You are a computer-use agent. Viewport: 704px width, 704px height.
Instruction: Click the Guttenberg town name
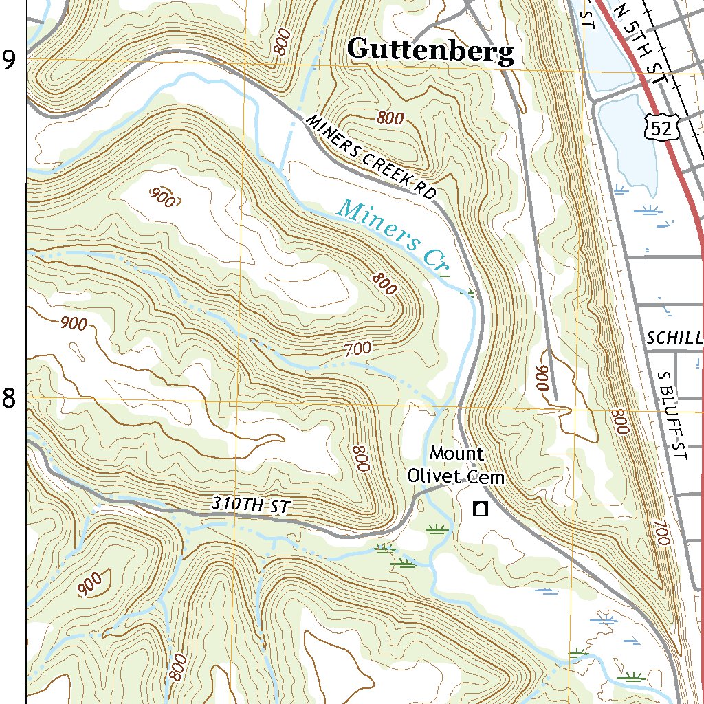tap(430, 51)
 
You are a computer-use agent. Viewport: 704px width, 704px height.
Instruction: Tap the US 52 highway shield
tap(663, 126)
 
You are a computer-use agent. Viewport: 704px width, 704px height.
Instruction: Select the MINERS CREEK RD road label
tap(371, 157)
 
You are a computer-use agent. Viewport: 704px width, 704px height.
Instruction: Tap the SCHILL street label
tap(674, 338)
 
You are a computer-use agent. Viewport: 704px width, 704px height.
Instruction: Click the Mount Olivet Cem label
tap(456, 465)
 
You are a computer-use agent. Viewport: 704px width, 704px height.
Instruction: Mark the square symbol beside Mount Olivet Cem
tap(480, 509)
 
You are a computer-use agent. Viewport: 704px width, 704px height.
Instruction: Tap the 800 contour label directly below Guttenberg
tap(390, 118)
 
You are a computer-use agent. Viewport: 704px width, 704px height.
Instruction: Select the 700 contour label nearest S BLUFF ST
tap(661, 533)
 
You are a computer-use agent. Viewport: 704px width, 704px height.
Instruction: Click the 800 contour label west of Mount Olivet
tap(360, 458)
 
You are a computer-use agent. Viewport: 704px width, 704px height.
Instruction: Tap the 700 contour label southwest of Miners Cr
tap(358, 349)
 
